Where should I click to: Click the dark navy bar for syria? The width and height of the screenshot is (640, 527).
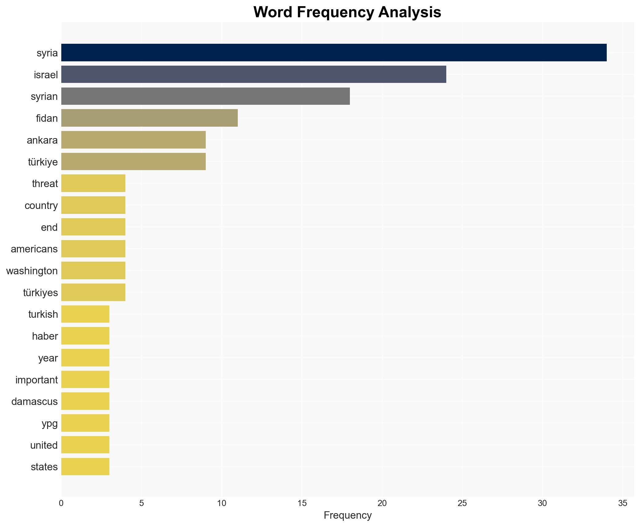(334, 53)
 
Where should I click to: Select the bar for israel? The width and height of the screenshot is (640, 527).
(253, 74)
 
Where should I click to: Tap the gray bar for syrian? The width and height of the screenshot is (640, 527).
(205, 96)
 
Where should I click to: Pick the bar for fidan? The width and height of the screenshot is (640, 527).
(149, 118)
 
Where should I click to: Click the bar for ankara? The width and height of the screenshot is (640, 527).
(133, 140)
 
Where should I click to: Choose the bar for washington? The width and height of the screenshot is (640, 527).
(93, 271)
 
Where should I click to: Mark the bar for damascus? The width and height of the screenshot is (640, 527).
(85, 401)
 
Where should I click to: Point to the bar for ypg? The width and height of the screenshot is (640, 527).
(85, 423)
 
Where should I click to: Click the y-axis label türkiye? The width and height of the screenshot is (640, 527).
(43, 162)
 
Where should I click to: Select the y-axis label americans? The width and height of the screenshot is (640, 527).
(34, 249)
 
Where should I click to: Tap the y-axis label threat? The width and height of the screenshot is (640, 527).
(45, 184)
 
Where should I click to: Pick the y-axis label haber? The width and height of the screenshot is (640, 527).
(45, 336)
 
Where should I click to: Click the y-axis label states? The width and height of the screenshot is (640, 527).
(44, 467)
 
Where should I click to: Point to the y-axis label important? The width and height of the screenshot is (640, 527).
(37, 380)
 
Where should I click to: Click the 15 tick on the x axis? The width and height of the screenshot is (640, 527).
(302, 504)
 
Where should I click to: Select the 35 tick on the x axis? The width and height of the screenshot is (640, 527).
(622, 504)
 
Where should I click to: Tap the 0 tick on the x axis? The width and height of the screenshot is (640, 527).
(61, 504)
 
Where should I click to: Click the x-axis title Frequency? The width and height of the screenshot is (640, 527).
(347, 516)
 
